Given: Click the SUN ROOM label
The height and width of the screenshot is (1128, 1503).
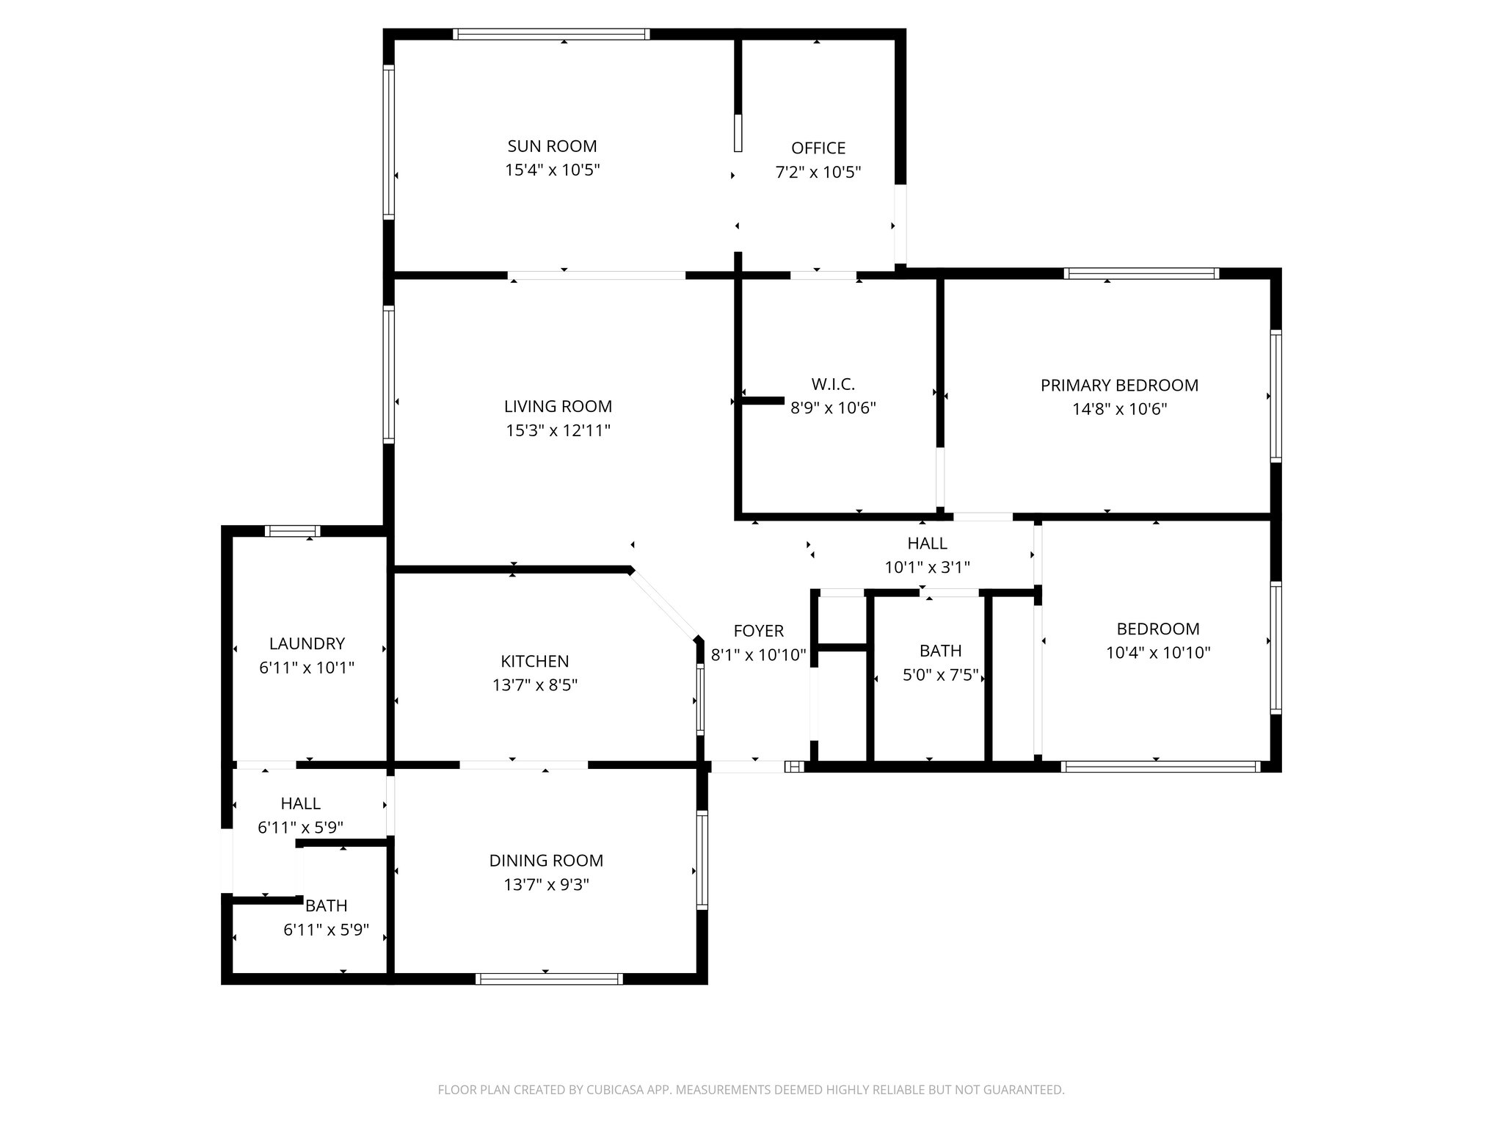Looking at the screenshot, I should point(552,146).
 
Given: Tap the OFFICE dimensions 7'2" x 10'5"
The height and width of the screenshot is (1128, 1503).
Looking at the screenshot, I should point(818,173).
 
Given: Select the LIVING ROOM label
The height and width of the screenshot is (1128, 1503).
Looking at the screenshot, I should point(558,406).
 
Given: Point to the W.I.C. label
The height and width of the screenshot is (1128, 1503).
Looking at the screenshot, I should point(833,384).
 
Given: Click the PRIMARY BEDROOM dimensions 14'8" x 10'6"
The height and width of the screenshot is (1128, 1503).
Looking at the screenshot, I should point(1119,409).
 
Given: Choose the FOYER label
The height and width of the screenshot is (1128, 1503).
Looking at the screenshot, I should point(758,631).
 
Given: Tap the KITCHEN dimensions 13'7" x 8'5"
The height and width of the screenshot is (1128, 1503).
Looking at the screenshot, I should point(534,685).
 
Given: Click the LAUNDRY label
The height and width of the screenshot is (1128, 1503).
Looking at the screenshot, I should point(307,644).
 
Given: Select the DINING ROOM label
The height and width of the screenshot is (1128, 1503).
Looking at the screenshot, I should point(546,861).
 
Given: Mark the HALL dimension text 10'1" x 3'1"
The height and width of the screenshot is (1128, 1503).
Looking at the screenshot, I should point(927,567).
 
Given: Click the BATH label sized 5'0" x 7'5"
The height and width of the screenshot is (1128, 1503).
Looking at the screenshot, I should point(940,651).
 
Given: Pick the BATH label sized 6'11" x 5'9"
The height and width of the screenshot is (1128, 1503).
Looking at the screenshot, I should point(327,905).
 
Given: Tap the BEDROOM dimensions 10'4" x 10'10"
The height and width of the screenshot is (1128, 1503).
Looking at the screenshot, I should point(1157,652).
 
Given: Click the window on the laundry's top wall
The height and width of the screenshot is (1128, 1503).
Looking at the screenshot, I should point(292,531).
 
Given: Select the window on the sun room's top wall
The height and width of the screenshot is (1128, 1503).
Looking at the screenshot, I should point(551,34).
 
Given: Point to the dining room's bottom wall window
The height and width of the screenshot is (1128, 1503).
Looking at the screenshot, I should point(549,978).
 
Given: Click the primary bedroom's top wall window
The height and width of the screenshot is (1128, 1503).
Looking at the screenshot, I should point(1141,274).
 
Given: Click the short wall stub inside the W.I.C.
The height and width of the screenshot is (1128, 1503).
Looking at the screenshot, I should point(763,401).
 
